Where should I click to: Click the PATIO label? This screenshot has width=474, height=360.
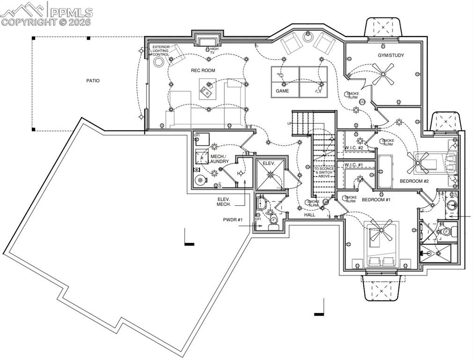93,81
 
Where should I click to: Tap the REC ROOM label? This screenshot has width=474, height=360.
202,70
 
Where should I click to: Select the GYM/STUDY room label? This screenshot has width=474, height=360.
391,55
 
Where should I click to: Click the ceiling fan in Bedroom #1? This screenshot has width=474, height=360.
381,232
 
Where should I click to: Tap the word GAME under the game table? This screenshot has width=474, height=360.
282,91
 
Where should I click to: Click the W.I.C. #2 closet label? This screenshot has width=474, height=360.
354,148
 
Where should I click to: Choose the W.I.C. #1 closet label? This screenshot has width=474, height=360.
354,165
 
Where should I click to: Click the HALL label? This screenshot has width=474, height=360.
310,215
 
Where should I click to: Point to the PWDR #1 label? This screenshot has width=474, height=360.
232,219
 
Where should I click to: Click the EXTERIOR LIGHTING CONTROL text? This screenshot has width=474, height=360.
161,51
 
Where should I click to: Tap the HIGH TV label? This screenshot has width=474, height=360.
214,51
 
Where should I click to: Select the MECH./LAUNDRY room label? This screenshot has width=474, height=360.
219,159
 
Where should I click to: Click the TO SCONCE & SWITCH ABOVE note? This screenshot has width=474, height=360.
324,172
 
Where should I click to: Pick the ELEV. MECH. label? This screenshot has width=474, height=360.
222,202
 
